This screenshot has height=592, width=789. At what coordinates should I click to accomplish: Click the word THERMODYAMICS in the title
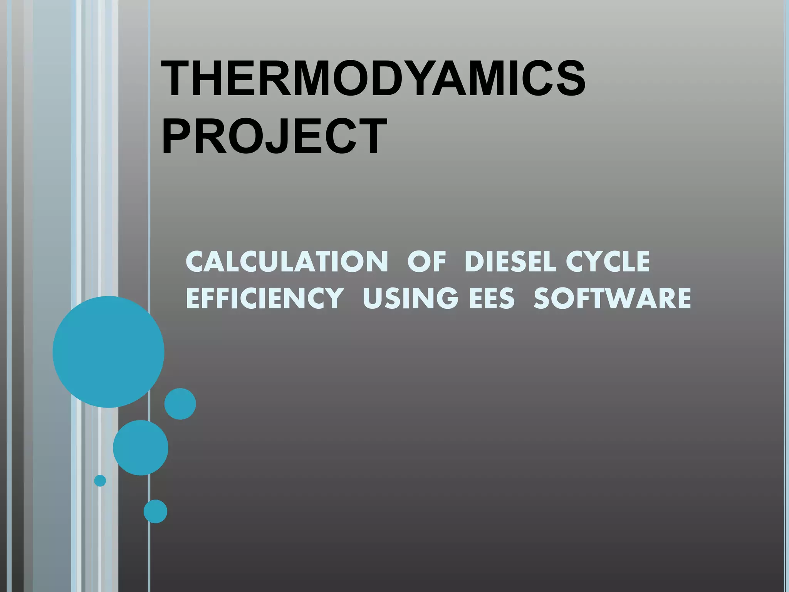373,79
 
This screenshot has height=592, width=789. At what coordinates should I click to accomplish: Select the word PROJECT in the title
274,137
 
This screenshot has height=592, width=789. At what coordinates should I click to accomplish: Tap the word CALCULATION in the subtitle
287,262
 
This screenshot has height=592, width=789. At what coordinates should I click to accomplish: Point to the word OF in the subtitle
426,262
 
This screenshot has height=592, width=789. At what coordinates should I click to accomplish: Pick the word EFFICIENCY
265,298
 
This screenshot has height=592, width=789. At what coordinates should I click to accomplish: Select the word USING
411,298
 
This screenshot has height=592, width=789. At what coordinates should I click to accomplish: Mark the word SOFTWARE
612,298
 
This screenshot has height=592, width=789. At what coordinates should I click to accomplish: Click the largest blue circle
109,351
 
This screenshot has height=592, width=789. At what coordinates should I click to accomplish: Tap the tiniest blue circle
100,481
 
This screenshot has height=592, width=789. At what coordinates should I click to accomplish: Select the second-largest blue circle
141,447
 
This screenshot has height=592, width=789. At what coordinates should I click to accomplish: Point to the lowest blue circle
155,511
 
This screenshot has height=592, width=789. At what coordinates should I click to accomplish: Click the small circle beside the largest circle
180,404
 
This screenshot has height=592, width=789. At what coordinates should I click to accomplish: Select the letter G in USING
447,298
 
